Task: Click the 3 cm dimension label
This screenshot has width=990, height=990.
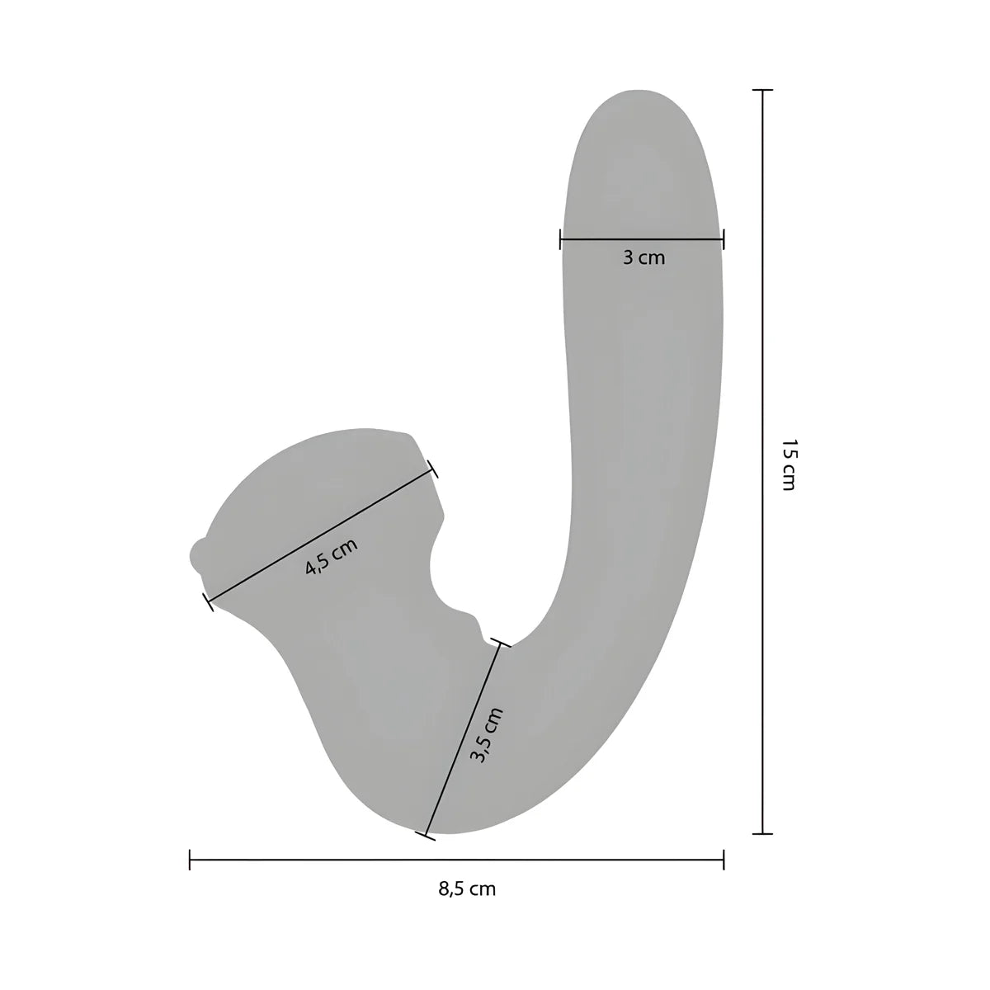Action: [643, 257]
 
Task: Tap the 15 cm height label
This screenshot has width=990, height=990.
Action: [788, 464]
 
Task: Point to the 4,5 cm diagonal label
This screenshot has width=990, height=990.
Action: [332, 556]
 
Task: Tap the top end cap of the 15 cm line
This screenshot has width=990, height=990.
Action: [762, 90]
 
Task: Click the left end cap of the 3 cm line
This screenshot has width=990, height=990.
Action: [560, 239]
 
